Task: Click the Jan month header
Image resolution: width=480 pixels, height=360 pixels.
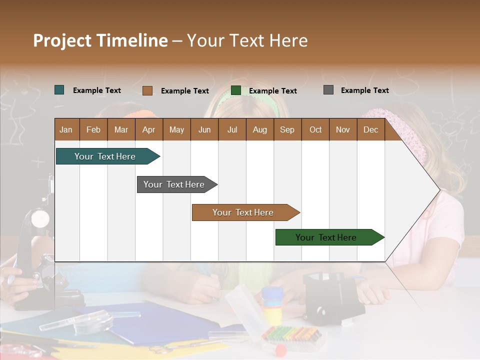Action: point(66,129)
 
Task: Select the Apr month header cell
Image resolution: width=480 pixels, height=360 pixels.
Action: point(149,129)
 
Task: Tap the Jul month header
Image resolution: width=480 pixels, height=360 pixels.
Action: point(232,129)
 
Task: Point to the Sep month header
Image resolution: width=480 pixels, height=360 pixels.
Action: point(287,129)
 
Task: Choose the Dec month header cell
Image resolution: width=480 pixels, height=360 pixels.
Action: point(370,129)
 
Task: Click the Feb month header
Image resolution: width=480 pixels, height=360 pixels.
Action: point(93,129)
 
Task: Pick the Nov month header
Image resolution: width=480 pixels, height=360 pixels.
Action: point(343,129)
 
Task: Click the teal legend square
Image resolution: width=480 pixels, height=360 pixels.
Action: point(59,90)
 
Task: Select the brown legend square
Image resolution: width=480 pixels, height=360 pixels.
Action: point(147,90)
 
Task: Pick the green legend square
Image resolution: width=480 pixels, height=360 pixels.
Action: point(236,90)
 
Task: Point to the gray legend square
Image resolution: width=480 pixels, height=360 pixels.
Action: point(328,90)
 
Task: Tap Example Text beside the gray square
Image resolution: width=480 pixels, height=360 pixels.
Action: point(364,90)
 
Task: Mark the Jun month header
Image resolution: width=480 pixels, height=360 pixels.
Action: point(204,129)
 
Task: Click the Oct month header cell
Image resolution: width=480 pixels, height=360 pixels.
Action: point(315,129)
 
